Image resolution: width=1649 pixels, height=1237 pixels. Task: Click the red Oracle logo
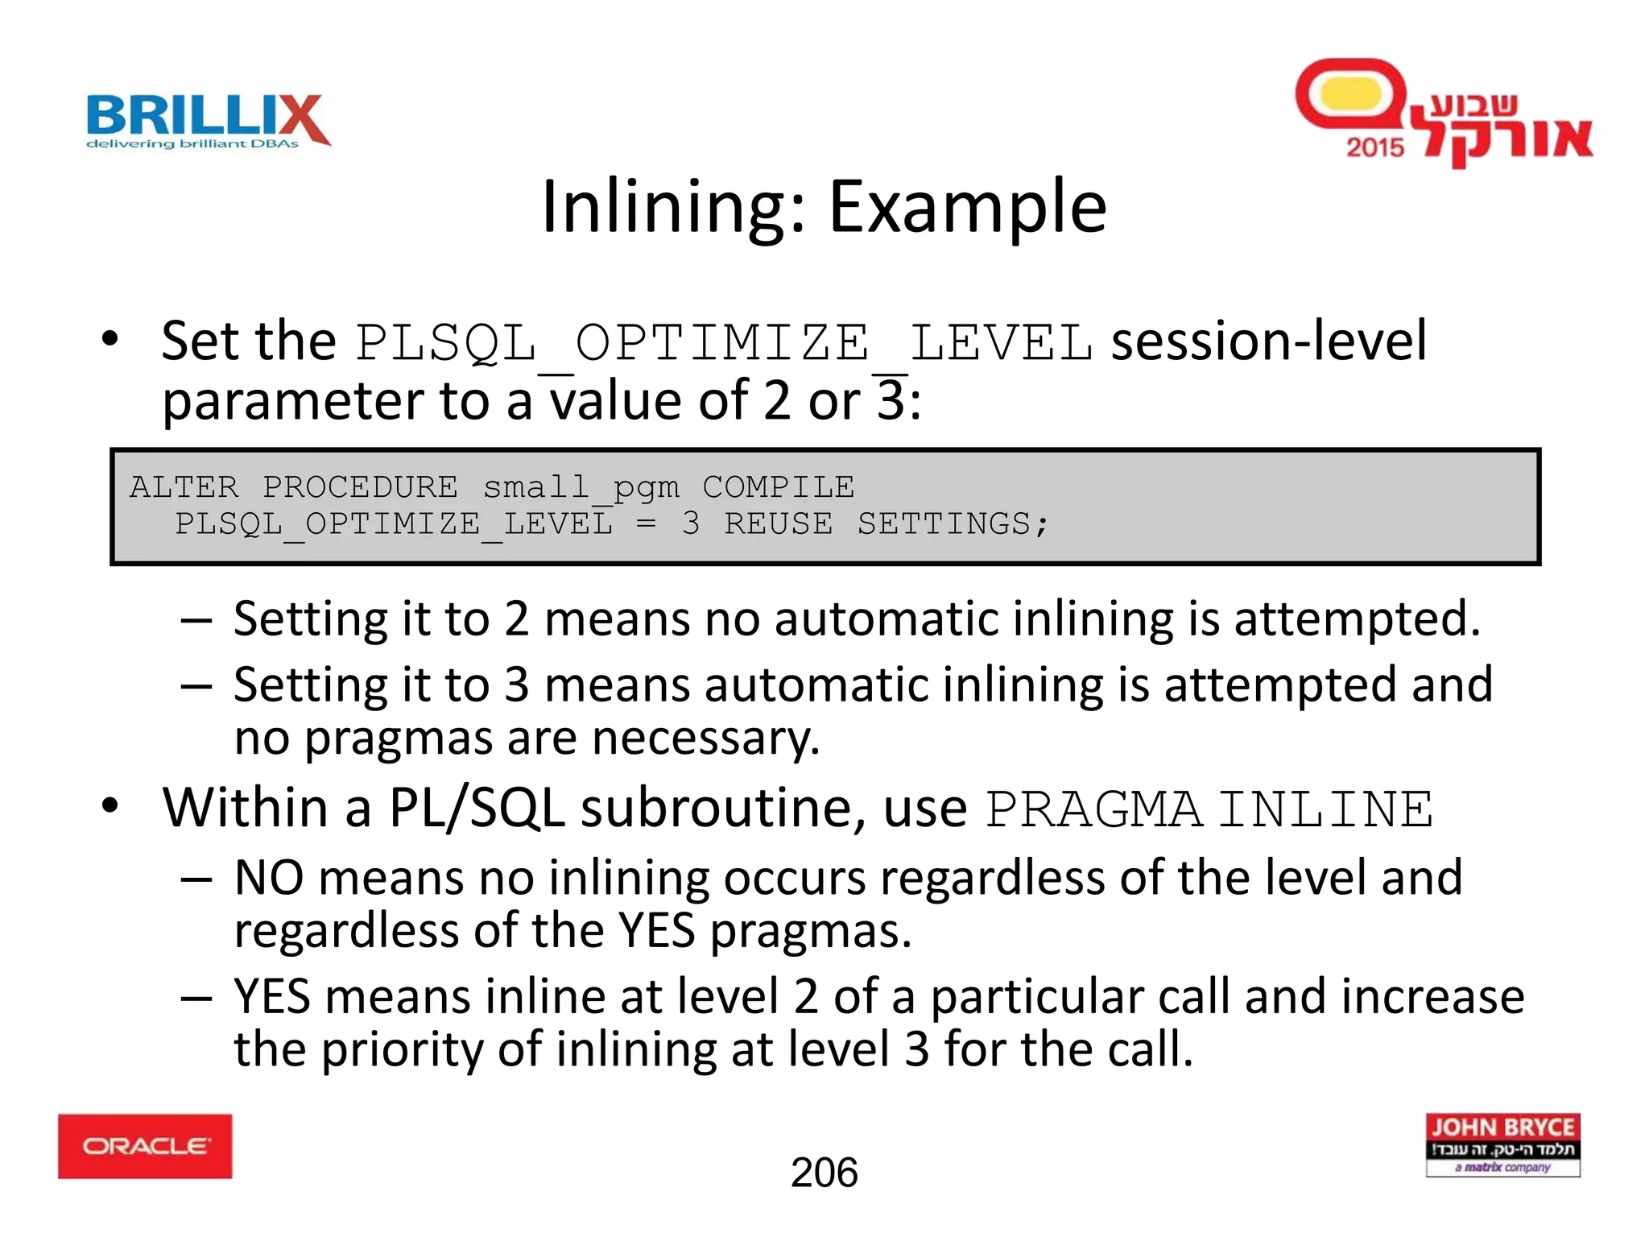click(x=145, y=1146)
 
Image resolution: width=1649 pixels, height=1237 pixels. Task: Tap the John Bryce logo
click(x=1502, y=1144)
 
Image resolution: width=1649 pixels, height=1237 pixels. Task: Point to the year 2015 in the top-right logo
click(x=1374, y=147)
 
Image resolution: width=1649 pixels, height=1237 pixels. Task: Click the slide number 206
click(x=824, y=1173)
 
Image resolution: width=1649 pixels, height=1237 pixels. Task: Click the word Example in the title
click(x=968, y=207)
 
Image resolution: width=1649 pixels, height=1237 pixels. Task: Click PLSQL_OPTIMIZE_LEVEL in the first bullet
click(x=724, y=343)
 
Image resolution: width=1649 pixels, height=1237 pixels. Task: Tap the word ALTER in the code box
click(x=184, y=487)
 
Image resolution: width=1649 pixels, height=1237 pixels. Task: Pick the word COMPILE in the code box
click(x=778, y=487)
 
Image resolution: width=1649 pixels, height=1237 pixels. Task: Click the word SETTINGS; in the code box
click(x=953, y=524)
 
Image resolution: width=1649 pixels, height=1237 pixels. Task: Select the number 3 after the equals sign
click(x=690, y=524)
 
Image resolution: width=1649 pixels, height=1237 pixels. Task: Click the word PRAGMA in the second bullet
click(x=1093, y=809)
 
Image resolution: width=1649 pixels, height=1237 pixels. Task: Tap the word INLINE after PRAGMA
click(x=1325, y=809)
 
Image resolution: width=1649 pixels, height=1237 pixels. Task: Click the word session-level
click(x=1269, y=341)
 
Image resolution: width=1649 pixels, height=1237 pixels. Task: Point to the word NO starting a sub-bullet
click(x=269, y=878)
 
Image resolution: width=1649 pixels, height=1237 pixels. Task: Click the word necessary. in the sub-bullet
click(x=705, y=738)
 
